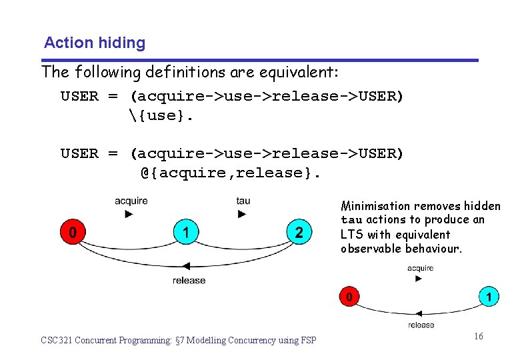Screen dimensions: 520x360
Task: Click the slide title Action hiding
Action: click(94, 43)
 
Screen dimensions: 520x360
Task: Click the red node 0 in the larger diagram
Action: click(72, 232)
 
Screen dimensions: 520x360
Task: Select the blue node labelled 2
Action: click(299, 232)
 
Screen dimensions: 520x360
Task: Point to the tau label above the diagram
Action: click(243, 201)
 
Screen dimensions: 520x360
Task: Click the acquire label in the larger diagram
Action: click(131, 201)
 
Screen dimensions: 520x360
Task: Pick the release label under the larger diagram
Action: click(189, 281)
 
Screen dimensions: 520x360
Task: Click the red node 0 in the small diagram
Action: click(348, 295)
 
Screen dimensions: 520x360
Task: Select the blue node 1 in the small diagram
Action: click(489, 295)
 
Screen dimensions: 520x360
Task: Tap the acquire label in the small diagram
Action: click(420, 268)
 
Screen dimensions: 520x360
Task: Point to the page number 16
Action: click(479, 337)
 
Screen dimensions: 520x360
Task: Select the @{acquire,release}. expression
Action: click(231, 173)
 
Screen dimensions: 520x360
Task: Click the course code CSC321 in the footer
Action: click(56, 341)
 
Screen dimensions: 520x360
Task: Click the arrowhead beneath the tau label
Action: click(242, 214)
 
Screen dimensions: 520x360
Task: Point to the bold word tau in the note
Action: click(351, 221)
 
